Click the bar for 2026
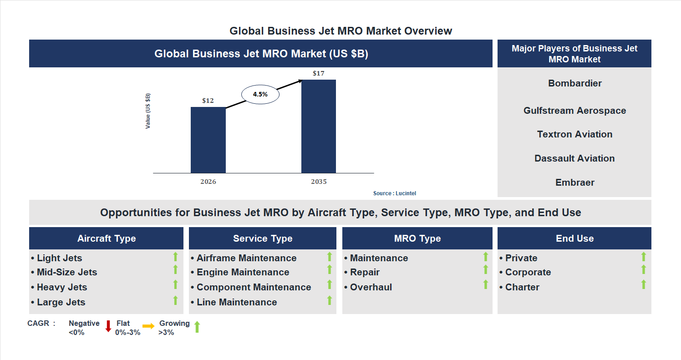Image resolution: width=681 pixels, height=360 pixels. [208, 140]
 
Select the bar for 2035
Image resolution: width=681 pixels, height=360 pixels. [319, 127]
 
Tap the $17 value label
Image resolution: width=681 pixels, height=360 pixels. [319, 73]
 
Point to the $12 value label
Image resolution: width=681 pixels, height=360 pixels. [208, 101]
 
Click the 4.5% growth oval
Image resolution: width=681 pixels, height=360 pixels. [260, 95]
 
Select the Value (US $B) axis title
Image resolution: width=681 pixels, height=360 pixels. [148, 111]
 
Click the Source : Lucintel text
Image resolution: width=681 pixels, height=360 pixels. [394, 193]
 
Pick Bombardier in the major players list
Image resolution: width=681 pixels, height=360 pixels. [574, 83]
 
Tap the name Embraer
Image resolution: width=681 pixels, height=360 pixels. [574, 183]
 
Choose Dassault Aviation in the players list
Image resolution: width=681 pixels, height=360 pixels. [574, 158]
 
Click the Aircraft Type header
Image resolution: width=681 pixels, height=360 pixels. [107, 238]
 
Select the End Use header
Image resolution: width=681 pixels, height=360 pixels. [574, 238]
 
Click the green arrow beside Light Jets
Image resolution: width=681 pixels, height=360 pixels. [175, 257]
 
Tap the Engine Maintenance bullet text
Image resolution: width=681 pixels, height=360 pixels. [243, 272]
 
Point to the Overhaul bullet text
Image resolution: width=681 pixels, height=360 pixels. [371, 287]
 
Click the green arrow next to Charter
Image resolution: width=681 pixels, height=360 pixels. [643, 285]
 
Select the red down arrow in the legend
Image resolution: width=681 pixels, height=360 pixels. [108, 326]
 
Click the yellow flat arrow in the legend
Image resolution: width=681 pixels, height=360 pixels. [148, 326]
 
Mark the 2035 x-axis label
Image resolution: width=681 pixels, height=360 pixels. [319, 182]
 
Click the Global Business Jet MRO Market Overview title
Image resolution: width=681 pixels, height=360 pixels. [340, 31]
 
